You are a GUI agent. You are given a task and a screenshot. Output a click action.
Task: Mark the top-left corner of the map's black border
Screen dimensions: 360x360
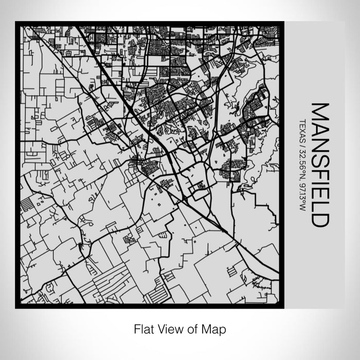tap(16, 22)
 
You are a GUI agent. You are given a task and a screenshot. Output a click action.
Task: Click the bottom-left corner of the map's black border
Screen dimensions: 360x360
tap(16, 307)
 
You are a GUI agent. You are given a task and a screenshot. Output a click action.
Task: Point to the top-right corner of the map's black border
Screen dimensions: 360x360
tap(281, 22)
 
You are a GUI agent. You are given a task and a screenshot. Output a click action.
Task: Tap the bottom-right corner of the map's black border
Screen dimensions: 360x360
tap(281, 307)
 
